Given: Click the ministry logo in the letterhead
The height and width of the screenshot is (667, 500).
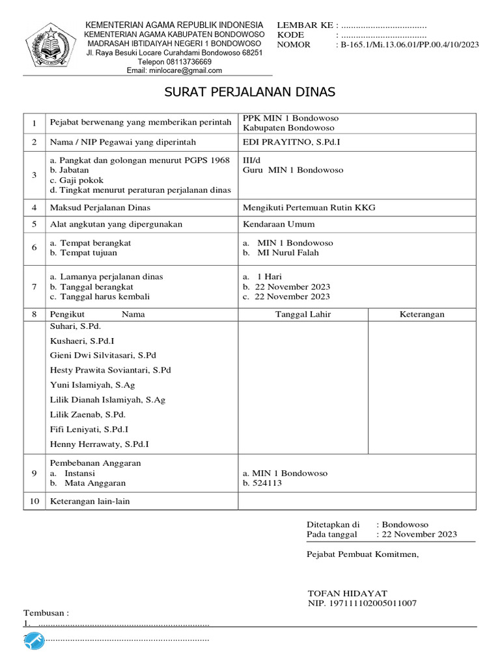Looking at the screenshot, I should (51, 45).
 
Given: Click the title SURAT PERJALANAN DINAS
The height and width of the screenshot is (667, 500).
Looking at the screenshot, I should (250, 92).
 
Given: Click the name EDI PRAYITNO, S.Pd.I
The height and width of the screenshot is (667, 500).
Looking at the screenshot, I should (292, 142).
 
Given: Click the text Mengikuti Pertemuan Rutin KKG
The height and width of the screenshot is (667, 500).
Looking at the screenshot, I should (309, 208).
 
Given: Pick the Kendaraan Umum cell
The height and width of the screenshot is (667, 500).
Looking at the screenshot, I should (279, 224).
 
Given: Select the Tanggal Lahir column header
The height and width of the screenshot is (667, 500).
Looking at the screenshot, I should (303, 314).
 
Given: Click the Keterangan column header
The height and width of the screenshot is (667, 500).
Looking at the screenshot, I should (422, 314).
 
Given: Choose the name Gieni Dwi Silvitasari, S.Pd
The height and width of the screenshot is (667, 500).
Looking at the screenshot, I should (103, 356).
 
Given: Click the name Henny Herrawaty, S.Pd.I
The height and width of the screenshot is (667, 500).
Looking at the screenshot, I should (100, 444).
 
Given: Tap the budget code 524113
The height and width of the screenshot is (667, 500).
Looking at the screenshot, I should (267, 483).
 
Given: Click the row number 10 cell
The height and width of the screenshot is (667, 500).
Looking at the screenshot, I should (34, 501).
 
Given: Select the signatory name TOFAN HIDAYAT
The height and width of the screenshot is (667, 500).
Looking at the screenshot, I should (347, 593).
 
